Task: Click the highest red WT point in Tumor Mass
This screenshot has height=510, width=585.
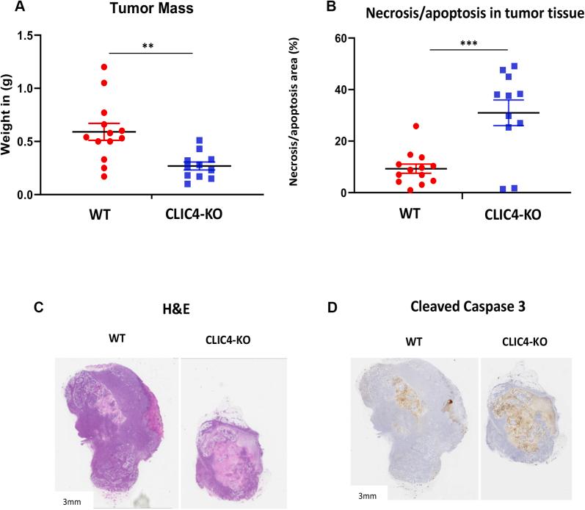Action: [105, 67]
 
